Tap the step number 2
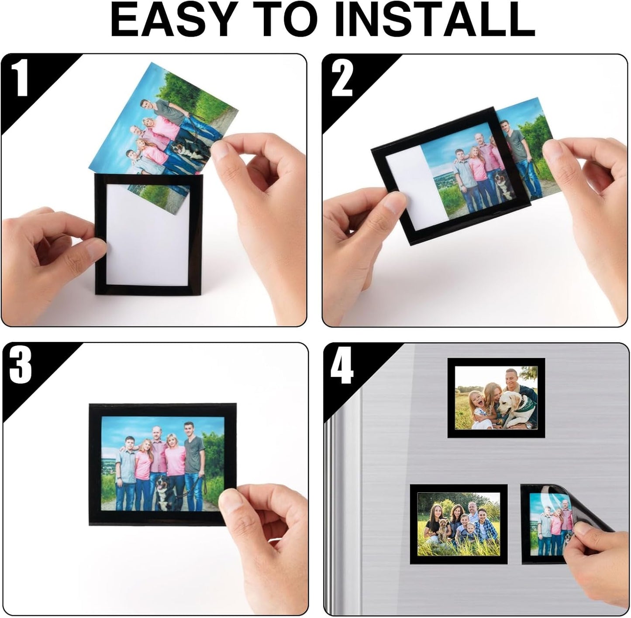click(x=341, y=79)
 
